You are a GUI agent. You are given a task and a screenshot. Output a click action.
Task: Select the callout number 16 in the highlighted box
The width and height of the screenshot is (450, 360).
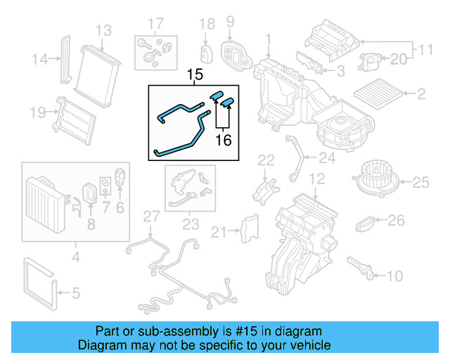(x=223, y=140)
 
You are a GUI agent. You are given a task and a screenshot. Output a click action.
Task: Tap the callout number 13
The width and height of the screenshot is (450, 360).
(x=103, y=30)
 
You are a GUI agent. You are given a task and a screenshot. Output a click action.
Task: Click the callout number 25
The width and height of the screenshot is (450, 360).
(x=420, y=183)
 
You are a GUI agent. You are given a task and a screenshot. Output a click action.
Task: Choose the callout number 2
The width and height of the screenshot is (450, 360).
(x=421, y=94)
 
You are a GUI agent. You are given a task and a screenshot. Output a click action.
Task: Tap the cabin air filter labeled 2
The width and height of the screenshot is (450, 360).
(x=380, y=94)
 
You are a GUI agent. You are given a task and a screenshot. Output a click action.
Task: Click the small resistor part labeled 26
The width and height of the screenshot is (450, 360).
(x=364, y=224)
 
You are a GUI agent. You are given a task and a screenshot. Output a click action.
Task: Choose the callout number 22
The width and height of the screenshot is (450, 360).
(x=266, y=160)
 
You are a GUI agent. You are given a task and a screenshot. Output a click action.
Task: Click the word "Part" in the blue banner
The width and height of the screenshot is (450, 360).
(x=107, y=331)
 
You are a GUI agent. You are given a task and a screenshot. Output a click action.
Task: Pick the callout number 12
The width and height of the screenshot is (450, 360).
(x=317, y=179)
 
